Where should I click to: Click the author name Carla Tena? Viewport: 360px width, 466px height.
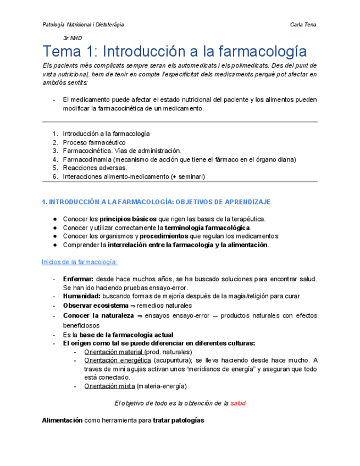click(x=303, y=25)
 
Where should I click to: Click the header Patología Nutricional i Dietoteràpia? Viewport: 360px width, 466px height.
click(x=83, y=25)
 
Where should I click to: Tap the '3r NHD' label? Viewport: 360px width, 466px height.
click(x=73, y=38)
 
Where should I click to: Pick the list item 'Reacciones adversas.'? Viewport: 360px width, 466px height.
click(x=95, y=168)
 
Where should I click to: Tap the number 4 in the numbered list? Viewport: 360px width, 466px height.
click(x=55, y=159)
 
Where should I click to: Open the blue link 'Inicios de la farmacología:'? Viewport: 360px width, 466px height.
click(x=80, y=262)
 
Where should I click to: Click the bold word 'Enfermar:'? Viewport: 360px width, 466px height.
click(x=79, y=279)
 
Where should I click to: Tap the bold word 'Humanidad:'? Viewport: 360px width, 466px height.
click(x=81, y=296)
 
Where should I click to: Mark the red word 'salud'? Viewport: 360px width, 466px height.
click(x=238, y=403)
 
